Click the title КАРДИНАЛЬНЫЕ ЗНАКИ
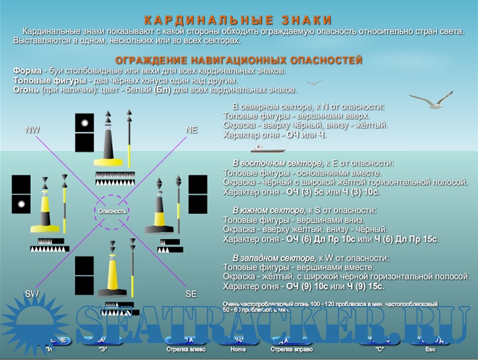238,20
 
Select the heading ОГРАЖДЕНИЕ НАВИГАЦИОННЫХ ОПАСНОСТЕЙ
238,61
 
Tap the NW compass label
32,130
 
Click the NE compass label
191,130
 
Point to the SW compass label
32,293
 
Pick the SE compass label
191,294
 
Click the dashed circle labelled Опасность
112,211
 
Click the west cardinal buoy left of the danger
45,209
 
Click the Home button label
238,349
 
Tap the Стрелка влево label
186,349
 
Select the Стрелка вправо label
288,349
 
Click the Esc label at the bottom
430,349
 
